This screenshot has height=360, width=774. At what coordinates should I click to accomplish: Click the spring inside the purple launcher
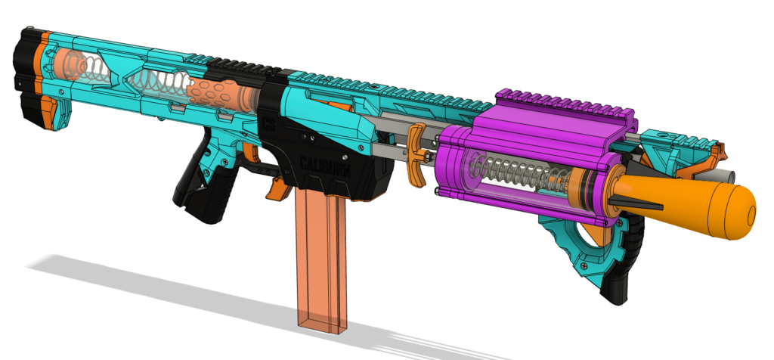(522, 172)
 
